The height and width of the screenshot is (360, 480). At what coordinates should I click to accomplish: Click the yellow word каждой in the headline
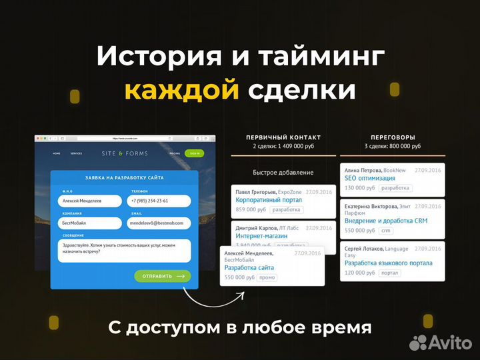(x=181, y=90)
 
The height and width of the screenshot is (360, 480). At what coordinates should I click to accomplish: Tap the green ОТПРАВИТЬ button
(x=162, y=276)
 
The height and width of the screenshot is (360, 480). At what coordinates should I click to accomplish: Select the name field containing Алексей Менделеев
(x=90, y=201)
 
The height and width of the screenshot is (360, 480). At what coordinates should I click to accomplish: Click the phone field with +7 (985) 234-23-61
(x=159, y=201)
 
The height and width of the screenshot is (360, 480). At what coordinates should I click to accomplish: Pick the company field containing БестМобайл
(x=90, y=223)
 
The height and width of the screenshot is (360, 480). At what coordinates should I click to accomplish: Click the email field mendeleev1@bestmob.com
(x=159, y=223)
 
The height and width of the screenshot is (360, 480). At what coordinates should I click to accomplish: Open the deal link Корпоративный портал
(x=259, y=200)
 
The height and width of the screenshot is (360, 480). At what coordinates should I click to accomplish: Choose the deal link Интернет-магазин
(x=261, y=236)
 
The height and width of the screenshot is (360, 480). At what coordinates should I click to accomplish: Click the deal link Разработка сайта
(x=249, y=267)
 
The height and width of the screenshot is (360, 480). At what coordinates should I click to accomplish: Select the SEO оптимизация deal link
(x=369, y=179)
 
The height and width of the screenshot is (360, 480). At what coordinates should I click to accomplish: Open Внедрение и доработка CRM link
(x=386, y=221)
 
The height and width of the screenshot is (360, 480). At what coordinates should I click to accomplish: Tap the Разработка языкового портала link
(x=388, y=263)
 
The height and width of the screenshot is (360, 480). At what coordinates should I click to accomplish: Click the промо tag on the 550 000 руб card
(x=267, y=277)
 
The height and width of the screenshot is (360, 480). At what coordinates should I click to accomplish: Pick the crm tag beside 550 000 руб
(x=385, y=231)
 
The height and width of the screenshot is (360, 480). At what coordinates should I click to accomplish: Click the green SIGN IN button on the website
(x=195, y=153)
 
